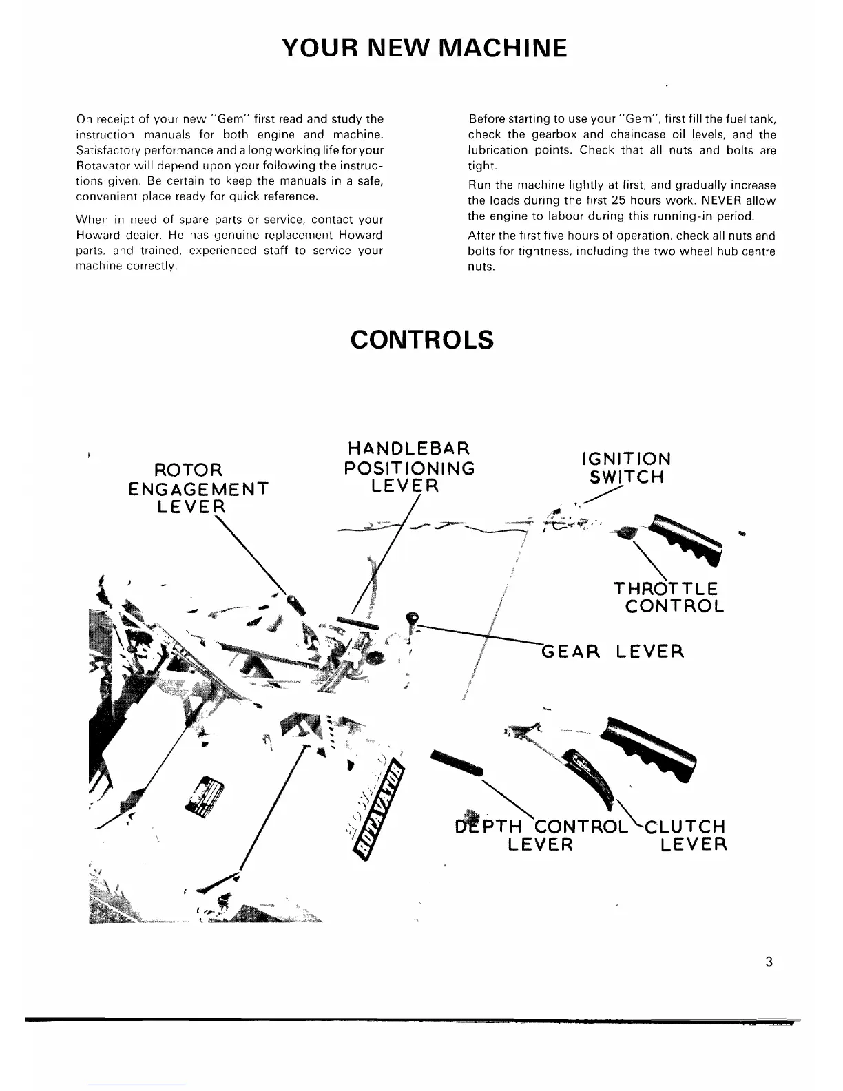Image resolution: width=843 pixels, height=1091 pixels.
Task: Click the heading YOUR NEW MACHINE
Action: pos(424,48)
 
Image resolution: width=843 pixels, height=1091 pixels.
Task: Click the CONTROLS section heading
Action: pos(421,340)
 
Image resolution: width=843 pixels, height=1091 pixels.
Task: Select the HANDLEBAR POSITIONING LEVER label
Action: pos(409,468)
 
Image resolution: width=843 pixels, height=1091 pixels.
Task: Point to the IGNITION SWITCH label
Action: pos(626,468)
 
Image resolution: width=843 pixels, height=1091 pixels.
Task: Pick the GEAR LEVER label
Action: pos(613,651)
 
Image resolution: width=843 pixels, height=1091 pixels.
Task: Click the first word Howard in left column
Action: pos(93,235)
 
